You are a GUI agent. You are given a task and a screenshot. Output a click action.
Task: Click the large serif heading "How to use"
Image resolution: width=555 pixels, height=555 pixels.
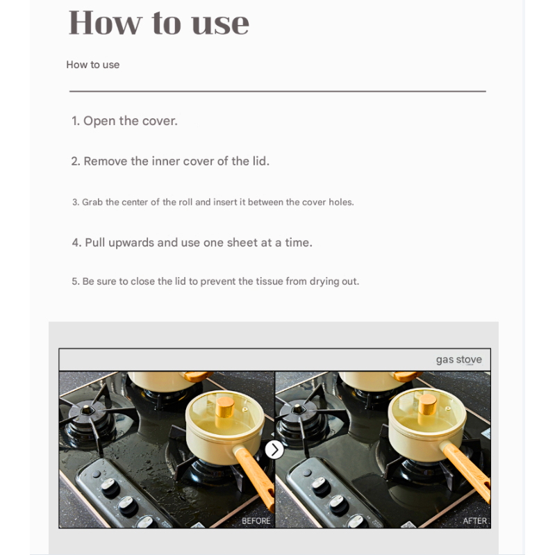(159, 22)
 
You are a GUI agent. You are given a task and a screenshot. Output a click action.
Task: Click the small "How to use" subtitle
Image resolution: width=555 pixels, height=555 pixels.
(93, 65)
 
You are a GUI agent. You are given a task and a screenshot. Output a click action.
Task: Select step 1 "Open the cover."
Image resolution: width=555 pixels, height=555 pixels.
(124, 121)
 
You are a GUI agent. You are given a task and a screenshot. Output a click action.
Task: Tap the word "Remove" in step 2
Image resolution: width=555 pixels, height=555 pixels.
(106, 161)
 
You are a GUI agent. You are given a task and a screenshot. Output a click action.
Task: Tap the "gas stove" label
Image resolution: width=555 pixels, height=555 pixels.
(458, 360)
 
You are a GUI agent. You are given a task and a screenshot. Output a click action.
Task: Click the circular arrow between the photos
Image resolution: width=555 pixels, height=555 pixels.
(274, 450)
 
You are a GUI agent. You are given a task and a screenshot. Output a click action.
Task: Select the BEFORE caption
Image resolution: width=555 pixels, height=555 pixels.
(256, 521)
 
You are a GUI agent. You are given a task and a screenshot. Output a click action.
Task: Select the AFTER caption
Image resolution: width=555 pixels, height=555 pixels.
(474, 521)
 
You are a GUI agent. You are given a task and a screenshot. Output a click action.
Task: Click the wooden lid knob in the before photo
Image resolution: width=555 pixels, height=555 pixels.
(225, 408)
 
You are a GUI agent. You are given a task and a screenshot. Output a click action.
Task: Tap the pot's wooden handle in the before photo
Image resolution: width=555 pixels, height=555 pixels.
(254, 474)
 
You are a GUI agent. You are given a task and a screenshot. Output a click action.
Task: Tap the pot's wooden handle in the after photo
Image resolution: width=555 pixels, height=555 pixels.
(467, 472)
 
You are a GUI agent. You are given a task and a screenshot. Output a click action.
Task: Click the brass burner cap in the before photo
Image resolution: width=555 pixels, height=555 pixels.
(86, 410)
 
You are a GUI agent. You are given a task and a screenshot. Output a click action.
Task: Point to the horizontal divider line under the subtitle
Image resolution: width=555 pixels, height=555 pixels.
(278, 91)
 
